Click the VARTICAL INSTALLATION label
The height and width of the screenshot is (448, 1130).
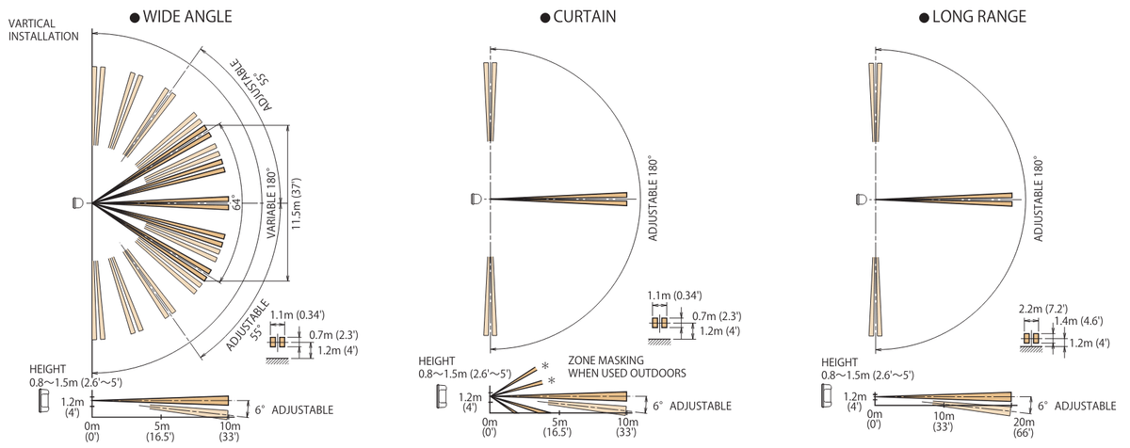click(x=43, y=30)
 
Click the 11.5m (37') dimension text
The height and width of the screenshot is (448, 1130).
click(x=296, y=203)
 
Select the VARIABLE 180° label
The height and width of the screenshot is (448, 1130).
click(x=271, y=203)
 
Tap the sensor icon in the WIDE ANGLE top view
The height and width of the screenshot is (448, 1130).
click(x=78, y=203)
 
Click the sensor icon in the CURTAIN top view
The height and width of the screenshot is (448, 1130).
click(x=476, y=199)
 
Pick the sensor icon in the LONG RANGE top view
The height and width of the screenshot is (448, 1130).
click(x=862, y=200)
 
